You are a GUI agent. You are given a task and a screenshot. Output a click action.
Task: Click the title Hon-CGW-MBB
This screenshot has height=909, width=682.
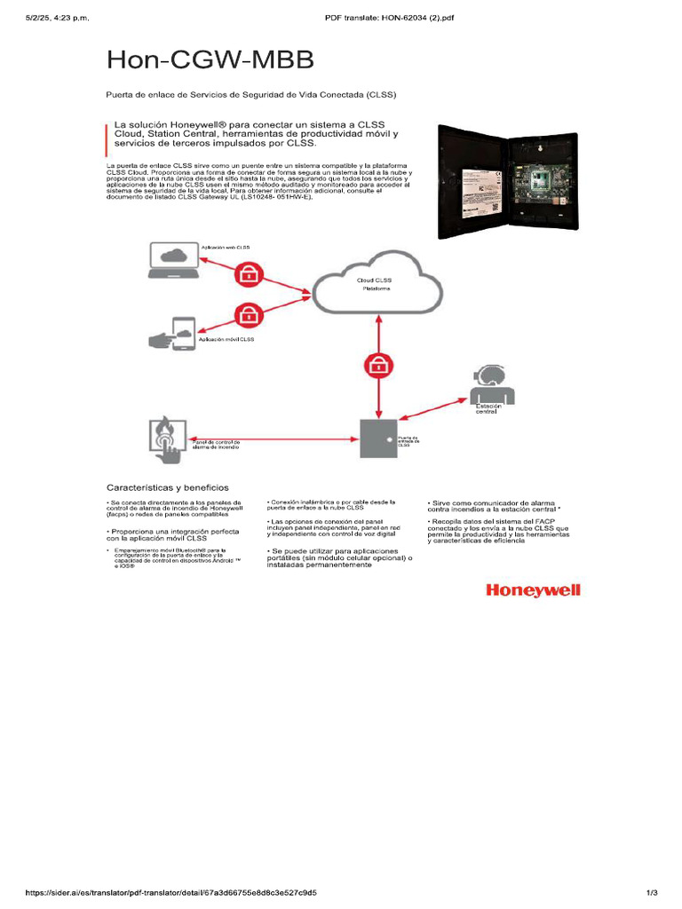pos(210,59)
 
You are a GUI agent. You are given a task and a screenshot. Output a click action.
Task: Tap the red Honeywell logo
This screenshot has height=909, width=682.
pos(531,591)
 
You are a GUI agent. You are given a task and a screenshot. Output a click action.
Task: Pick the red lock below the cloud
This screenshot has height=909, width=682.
pos(379,364)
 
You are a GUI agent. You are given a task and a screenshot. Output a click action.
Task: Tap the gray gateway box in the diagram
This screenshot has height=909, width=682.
pos(378,437)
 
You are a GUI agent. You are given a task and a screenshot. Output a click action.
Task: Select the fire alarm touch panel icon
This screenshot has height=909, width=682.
pos(167,438)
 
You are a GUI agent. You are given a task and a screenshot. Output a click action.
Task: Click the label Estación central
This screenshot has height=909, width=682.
pos(488,408)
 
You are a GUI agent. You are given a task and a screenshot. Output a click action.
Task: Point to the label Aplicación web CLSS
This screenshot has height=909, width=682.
pos(226,247)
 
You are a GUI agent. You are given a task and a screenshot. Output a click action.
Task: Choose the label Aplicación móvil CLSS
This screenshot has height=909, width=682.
pos(226,339)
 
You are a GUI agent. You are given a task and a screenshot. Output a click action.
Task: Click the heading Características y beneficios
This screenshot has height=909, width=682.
pos(168,487)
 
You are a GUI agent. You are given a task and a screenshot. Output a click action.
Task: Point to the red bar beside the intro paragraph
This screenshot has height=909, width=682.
pos(107,134)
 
